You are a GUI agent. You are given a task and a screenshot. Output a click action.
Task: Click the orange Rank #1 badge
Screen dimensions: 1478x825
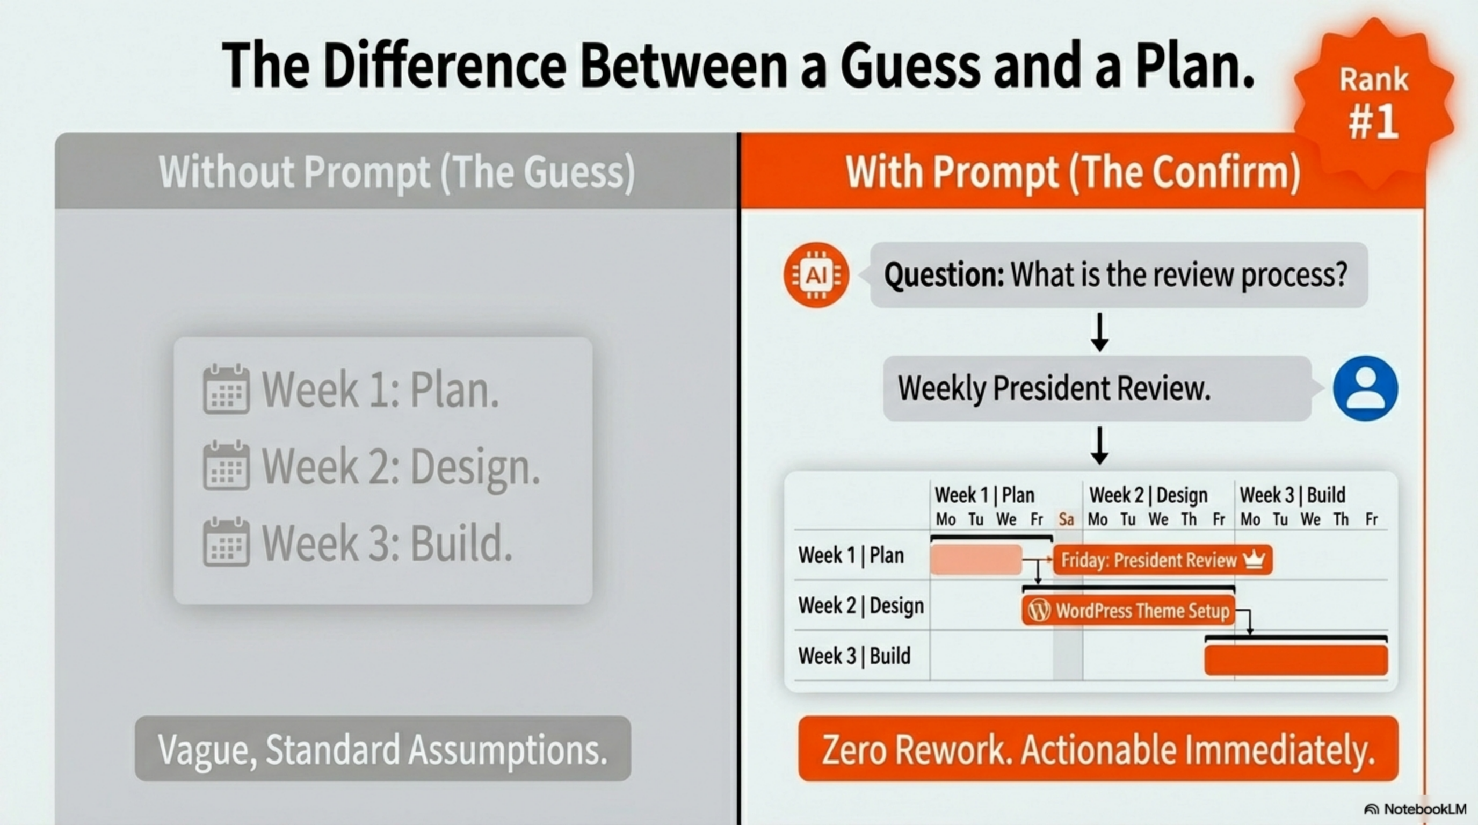click(1374, 103)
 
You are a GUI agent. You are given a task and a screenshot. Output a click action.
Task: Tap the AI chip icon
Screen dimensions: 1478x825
click(816, 276)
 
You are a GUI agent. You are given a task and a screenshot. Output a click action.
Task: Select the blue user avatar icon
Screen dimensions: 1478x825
click(1366, 388)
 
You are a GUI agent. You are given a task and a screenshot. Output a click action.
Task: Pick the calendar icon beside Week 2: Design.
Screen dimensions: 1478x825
click(226, 465)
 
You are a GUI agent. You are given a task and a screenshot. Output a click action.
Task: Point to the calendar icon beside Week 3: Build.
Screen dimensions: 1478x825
click(226, 541)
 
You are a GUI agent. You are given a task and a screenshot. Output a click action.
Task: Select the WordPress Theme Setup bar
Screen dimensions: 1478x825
click(1128, 611)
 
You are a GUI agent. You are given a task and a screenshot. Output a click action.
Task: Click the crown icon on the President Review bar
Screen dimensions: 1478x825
click(1254, 559)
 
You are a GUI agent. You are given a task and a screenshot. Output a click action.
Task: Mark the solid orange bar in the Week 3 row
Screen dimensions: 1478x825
click(1296, 660)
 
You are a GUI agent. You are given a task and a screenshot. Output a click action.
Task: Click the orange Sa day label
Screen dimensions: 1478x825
click(1066, 520)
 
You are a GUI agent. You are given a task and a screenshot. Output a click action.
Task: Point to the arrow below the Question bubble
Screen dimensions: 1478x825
click(1099, 332)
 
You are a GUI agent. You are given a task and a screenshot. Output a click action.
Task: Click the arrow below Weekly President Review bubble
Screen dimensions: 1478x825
click(1099, 446)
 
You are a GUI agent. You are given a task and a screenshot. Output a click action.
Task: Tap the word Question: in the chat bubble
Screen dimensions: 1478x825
click(944, 275)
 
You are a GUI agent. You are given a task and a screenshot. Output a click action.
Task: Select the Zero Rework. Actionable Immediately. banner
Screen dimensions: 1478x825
click(1098, 749)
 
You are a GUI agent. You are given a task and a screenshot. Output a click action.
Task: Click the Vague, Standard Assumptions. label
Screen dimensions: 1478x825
click(383, 749)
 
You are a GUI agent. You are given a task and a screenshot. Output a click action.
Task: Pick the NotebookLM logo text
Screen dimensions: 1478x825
click(1416, 809)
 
